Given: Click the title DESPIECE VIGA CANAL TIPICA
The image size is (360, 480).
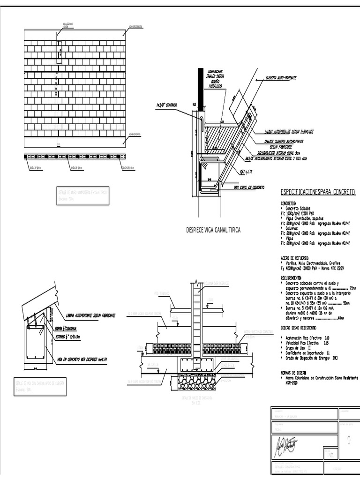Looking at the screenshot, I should pos(213,230).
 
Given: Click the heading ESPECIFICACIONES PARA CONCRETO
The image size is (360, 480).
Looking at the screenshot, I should pos(318,192).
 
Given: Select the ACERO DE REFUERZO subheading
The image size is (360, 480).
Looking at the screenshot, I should pos(294,258).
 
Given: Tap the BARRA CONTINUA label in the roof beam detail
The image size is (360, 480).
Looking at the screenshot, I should pos(66,328).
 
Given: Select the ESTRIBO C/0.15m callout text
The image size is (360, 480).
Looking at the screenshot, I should pos(68,336).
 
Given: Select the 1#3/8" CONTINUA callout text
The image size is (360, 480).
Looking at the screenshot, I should pos(166,105).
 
